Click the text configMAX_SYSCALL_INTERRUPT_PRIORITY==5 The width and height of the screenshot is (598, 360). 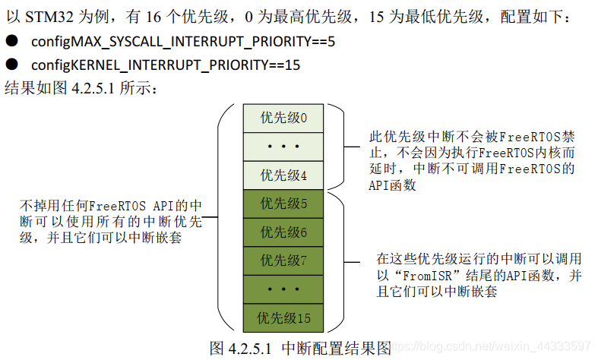tap(183, 42)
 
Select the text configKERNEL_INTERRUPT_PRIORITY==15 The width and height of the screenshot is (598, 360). tap(166, 65)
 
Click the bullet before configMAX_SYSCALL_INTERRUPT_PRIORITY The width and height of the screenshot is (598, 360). tap(11, 42)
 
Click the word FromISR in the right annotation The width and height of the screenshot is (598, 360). tap(416, 275)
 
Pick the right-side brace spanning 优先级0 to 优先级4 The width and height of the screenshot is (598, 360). tap(341, 147)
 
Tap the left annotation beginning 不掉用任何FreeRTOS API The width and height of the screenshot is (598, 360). tap(111, 221)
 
